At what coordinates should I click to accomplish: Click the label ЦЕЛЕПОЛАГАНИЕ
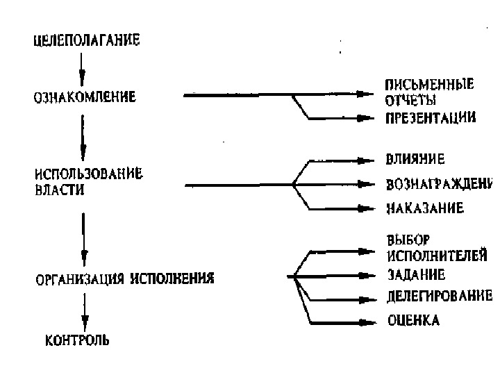(87, 40)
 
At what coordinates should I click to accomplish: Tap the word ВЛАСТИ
(60, 190)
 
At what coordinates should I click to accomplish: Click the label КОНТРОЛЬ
(77, 340)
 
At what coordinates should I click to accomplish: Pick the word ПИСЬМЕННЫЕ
(430, 86)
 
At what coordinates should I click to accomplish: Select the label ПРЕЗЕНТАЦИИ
(431, 118)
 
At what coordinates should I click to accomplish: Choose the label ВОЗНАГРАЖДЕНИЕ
(438, 185)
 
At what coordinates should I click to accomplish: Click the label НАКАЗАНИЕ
(424, 208)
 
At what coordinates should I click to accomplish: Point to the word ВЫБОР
(405, 240)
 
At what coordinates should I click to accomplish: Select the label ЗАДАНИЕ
(416, 274)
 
